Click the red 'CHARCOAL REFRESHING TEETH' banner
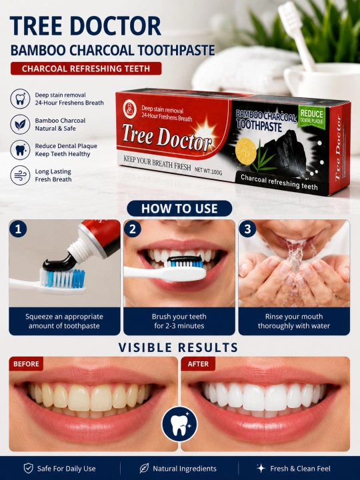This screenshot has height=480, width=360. [x=86, y=69]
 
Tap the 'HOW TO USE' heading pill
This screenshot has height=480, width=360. [x=179, y=209]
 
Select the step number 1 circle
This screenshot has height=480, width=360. [x=18, y=229]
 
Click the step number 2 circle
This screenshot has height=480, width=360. [x=133, y=229]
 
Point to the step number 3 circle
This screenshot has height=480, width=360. [x=247, y=229]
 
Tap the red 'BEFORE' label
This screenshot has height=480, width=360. [x=26, y=364]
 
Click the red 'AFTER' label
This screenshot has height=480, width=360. [x=198, y=364]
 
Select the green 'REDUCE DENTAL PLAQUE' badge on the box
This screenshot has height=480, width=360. [x=311, y=117]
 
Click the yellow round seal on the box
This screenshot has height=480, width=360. [x=246, y=151]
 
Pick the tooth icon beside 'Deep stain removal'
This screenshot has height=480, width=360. [x=20, y=99]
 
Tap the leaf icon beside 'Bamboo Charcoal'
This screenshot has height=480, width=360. [x=20, y=124]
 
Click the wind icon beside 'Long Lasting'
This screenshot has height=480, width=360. [x=20, y=175]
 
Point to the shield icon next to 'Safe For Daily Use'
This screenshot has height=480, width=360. [x=29, y=468]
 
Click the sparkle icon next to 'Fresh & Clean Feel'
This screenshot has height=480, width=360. [x=261, y=468]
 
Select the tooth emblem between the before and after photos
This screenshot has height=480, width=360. [x=179, y=424]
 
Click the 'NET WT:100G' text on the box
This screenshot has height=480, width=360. [x=209, y=170]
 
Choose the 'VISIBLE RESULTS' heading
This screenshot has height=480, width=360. [x=178, y=347]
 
